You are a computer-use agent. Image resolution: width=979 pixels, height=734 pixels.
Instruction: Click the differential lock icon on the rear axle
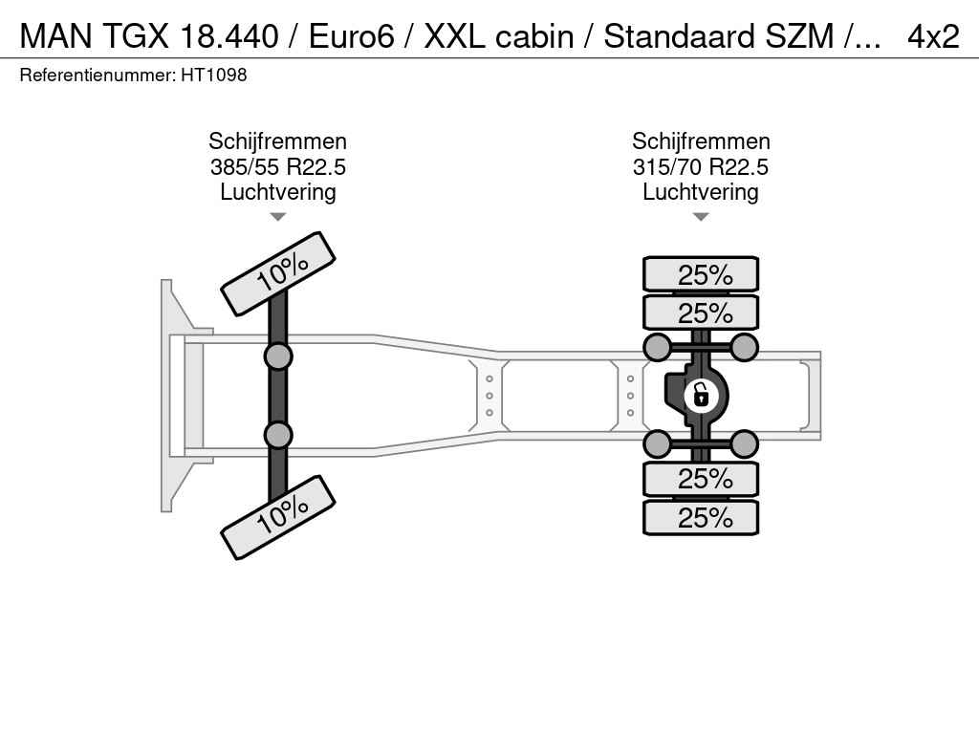click(701, 396)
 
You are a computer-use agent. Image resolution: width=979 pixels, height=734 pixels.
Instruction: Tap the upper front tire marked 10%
click(278, 274)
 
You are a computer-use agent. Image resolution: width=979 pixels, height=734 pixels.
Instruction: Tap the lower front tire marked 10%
click(278, 517)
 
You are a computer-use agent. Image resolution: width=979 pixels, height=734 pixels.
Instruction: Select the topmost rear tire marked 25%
click(701, 274)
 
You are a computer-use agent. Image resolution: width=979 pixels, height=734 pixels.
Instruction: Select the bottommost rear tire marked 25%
click(701, 517)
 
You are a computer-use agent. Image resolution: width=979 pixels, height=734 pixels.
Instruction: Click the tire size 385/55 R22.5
click(278, 167)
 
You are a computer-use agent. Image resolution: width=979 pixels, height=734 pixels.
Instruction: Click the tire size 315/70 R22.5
click(701, 167)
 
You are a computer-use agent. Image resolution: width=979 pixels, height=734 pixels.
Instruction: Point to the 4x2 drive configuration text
click(933, 37)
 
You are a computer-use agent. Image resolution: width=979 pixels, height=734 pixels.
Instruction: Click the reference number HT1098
click(214, 75)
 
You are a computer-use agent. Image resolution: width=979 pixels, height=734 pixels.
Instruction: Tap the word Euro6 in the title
click(352, 37)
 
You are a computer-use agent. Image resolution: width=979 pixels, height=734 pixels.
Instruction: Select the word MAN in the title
click(55, 37)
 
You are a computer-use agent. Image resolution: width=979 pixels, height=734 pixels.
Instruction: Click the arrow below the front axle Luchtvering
click(278, 217)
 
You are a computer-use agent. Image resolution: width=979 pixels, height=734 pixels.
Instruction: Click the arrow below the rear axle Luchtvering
click(701, 217)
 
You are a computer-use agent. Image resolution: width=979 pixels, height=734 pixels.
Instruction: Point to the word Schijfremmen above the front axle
click(278, 141)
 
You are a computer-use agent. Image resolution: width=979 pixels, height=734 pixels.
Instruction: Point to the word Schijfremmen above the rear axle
click(701, 141)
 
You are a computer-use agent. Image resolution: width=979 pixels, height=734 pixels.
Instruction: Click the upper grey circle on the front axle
click(278, 357)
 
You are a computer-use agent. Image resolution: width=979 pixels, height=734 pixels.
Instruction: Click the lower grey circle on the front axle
click(278, 435)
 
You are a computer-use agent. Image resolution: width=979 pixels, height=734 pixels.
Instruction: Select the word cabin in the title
click(534, 37)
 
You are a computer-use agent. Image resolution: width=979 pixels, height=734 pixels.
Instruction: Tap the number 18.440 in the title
click(228, 37)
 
